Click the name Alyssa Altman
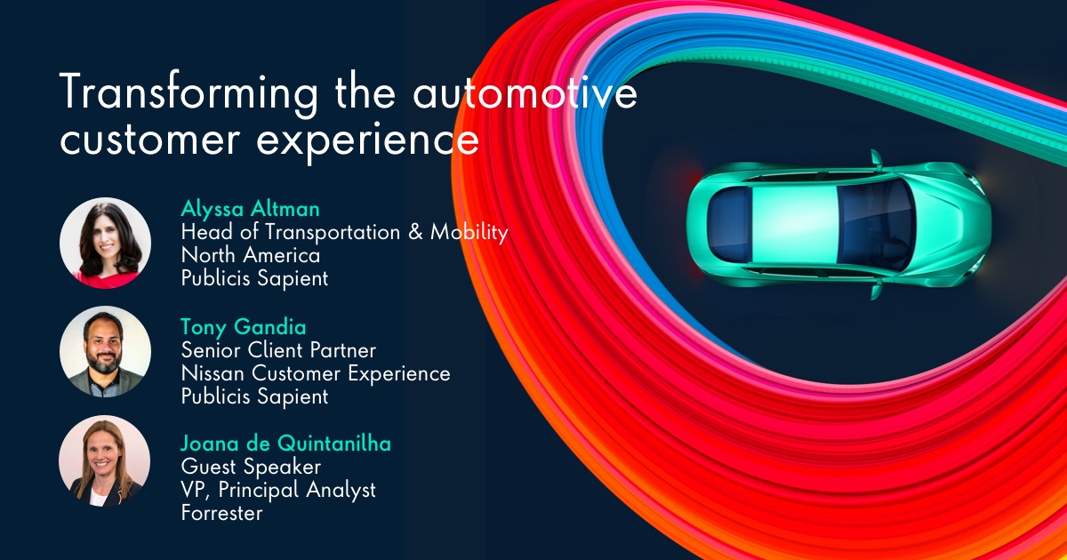[x=250, y=209]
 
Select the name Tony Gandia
[x=242, y=326]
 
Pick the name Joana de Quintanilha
[x=286, y=444]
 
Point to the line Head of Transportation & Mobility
[x=344, y=232]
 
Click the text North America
[x=250, y=255]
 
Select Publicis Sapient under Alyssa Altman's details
[x=254, y=278]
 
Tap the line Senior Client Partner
[x=278, y=350]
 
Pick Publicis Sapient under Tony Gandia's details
[x=254, y=396]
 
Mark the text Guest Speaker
[x=251, y=467]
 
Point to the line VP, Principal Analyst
[x=278, y=490]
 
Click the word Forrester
[x=221, y=513]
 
